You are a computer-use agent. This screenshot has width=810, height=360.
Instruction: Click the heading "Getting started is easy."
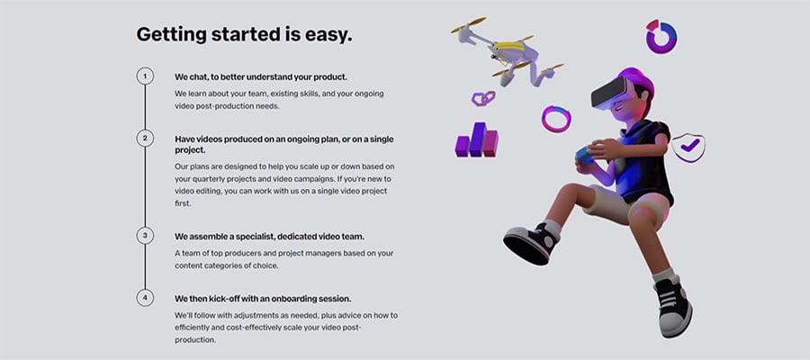244,34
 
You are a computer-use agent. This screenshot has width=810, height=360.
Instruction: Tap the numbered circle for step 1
145,76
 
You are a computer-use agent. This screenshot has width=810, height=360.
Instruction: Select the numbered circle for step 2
145,139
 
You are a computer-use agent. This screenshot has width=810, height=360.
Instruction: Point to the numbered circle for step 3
145,236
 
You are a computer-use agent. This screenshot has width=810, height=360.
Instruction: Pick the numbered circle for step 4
145,298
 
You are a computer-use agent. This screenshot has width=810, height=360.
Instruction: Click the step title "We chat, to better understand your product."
261,77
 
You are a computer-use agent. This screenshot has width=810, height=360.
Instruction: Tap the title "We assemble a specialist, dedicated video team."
269,237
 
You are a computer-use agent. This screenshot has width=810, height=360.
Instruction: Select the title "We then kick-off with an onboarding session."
263,299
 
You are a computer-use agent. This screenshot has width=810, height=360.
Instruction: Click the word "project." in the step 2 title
190,150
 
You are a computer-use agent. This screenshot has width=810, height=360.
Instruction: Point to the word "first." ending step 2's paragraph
183,203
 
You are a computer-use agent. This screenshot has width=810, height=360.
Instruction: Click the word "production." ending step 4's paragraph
194,340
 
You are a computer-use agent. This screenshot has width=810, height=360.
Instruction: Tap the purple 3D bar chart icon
476,139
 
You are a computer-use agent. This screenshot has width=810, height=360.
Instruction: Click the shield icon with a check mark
688,148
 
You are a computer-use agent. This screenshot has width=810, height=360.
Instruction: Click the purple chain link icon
483,97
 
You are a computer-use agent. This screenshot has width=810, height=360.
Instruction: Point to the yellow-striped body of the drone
508,49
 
